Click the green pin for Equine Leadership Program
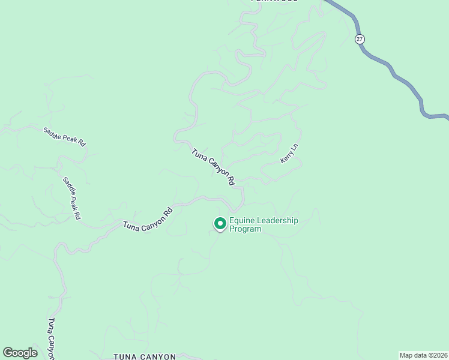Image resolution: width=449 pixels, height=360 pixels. point(220,224)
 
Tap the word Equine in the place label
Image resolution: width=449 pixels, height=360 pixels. point(242,220)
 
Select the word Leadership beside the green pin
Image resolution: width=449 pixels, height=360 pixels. point(277,220)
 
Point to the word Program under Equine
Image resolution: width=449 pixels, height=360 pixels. point(246,229)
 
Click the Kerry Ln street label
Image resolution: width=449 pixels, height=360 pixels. point(289,154)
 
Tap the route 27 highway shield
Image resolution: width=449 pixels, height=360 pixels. point(360,39)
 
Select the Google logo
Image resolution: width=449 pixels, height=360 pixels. point(20,353)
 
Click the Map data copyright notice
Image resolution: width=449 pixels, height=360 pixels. point(423,355)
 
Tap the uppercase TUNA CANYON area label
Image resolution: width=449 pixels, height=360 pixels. point(145,356)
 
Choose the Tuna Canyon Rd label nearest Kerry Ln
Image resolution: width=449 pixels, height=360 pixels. point(213,167)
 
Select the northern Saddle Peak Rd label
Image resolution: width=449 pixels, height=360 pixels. point(65,137)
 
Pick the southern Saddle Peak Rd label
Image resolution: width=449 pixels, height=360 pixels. point(72,197)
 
